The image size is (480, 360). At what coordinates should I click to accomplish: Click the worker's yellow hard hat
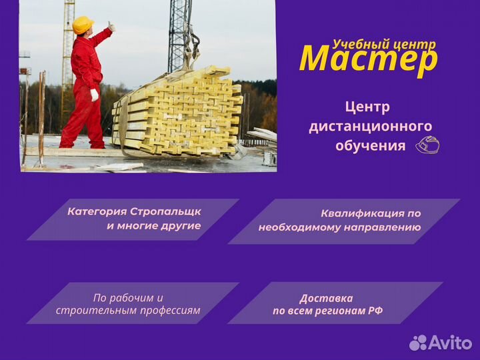83,25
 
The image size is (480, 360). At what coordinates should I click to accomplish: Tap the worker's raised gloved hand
111,27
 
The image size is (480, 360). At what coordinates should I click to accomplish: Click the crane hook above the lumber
192,50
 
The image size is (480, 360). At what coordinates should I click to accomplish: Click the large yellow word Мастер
369,59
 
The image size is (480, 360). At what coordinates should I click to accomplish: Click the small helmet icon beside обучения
427,145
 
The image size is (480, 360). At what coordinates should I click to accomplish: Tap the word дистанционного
370,126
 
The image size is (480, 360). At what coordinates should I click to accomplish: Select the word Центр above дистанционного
367,107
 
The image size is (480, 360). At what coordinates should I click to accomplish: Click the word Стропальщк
165,211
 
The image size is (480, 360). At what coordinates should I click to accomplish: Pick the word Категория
97,211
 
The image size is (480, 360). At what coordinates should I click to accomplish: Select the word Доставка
327,298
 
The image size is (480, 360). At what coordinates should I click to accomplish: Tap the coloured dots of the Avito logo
418,343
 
